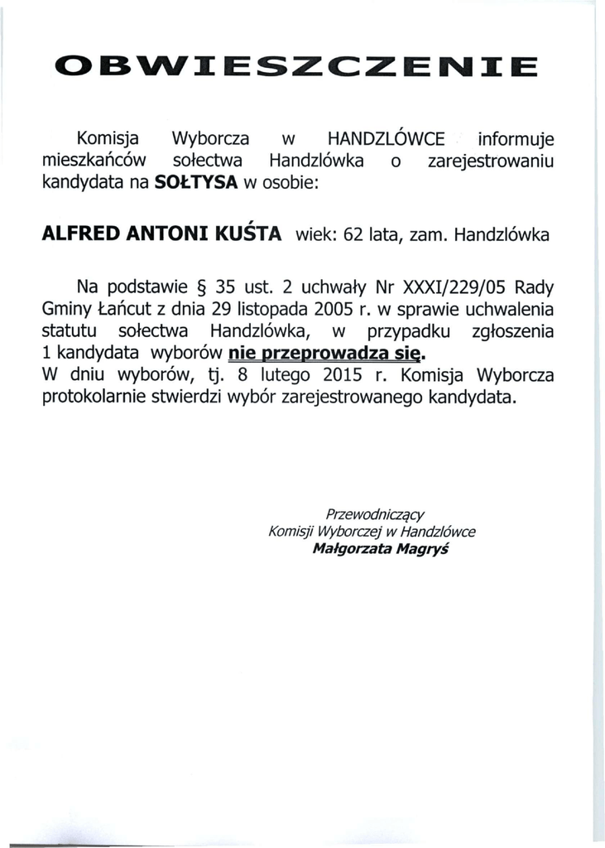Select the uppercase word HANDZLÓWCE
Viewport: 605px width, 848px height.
point(387,137)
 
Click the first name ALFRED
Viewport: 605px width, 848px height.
point(75,234)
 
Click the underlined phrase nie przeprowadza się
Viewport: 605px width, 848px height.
point(325,354)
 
